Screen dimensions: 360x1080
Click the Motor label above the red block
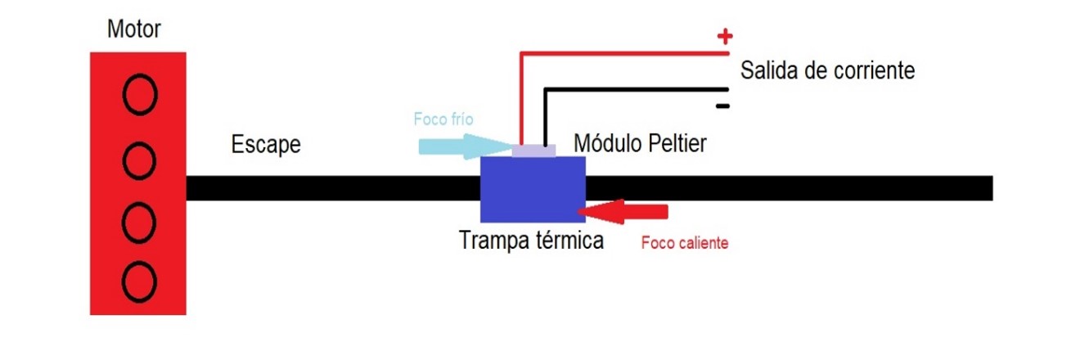coord(134,30)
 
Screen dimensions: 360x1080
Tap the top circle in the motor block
coord(139,95)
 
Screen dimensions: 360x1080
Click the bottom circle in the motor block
coord(139,281)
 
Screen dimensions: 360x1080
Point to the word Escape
coord(266,146)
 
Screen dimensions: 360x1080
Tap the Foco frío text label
coord(443,119)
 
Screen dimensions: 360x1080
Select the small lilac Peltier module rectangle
coord(533,151)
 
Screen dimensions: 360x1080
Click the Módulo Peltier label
coord(640,143)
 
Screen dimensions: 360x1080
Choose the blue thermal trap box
coord(533,190)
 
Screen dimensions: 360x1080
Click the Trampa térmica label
coord(531,241)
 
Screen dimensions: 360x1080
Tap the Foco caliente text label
coord(685,243)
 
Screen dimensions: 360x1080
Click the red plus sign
coord(723,36)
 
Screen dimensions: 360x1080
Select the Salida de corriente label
coord(827,70)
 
